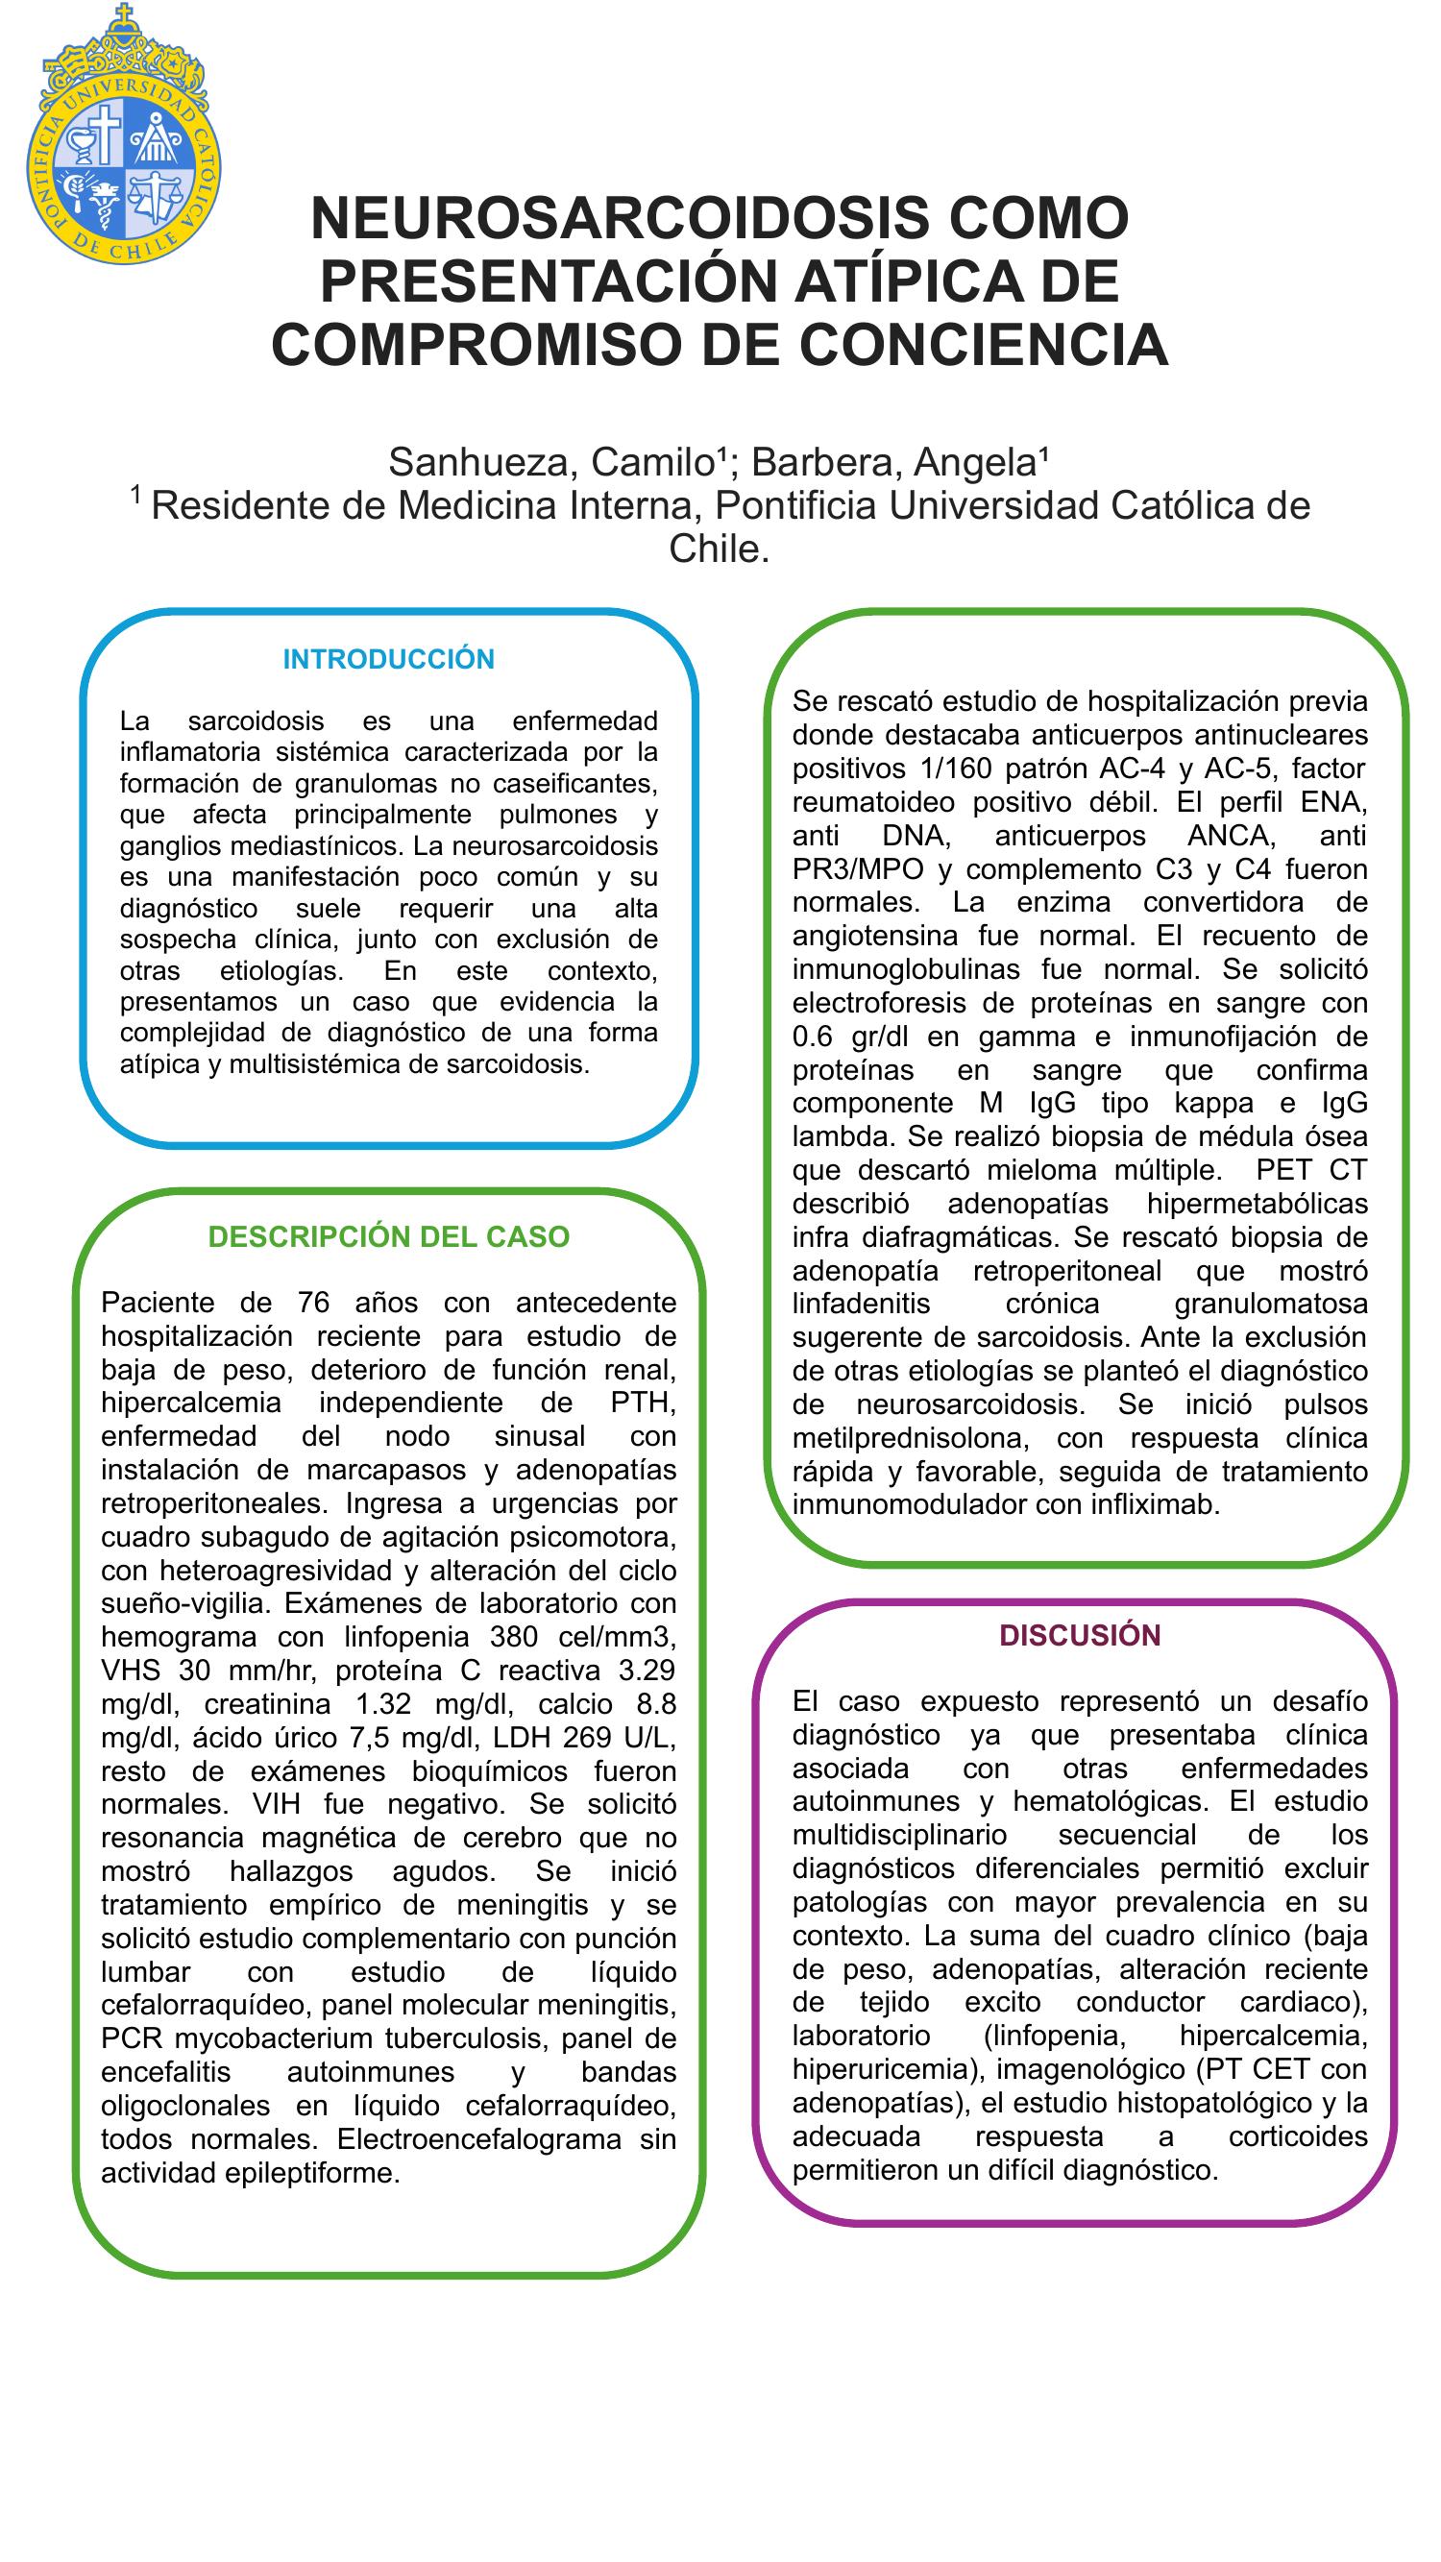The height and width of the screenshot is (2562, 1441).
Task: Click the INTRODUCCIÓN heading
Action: [x=388, y=659]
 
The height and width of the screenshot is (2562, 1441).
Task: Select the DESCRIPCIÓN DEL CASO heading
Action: [x=388, y=1236]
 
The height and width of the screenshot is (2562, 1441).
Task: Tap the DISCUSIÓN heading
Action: [x=1079, y=1636]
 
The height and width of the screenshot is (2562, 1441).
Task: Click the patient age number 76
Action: [x=314, y=1302]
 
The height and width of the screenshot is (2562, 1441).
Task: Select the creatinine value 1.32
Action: [x=383, y=1704]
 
